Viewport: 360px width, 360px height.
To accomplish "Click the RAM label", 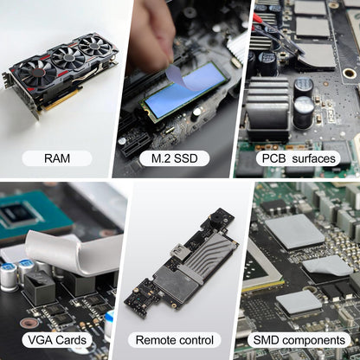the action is click(x=57, y=158).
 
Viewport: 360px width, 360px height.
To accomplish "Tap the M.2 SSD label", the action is click(x=175, y=158).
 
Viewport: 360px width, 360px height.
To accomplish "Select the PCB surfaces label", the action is click(x=299, y=158).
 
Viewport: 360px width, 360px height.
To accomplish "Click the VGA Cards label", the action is click(x=57, y=340).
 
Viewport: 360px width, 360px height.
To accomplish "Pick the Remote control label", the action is click(x=175, y=340).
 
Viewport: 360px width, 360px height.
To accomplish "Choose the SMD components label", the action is click(x=299, y=340).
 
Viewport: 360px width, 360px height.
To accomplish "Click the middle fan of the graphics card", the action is click(x=68, y=58).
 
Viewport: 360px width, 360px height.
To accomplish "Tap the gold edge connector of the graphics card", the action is click(x=61, y=100).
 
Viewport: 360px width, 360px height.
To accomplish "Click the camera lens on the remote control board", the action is click(x=215, y=216).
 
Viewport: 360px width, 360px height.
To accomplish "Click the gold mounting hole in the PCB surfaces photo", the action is click(x=350, y=73).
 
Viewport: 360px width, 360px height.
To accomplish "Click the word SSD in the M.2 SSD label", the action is click(x=185, y=158).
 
